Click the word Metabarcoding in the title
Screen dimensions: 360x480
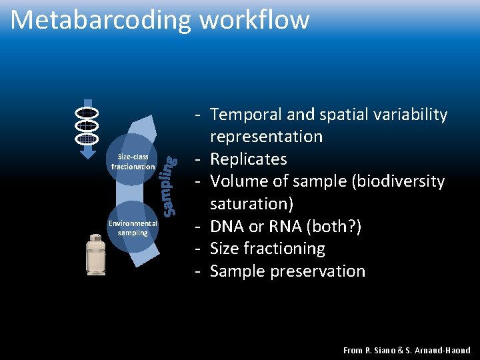(x=101, y=20)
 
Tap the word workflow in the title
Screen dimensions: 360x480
(x=254, y=20)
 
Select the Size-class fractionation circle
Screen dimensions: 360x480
(x=133, y=162)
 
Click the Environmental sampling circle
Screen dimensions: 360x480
(x=133, y=228)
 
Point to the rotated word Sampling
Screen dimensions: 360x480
(x=171, y=185)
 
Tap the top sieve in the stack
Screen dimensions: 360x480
(x=87, y=111)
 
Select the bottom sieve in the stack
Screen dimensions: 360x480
(x=87, y=138)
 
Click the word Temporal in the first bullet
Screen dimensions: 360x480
(x=245, y=115)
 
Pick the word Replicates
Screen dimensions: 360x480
(x=248, y=159)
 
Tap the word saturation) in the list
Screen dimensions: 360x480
(x=251, y=204)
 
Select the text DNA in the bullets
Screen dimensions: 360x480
(x=227, y=227)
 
